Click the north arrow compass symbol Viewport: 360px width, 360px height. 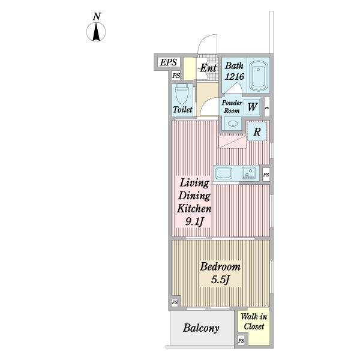pos(96,31)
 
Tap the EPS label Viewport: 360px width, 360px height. pos(169,62)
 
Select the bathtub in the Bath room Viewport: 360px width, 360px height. pos(258,76)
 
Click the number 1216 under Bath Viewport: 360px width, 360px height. pos(234,76)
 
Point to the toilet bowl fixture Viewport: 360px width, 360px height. pos(181,94)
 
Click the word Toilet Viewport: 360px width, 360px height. pos(182,109)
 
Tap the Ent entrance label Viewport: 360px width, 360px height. pos(208,68)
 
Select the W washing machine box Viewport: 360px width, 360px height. pos(252,107)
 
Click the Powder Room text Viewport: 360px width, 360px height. pos(232,107)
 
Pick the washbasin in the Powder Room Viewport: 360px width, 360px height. pos(232,124)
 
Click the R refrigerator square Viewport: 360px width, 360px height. pos(257,131)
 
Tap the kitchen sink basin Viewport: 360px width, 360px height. pos(224,173)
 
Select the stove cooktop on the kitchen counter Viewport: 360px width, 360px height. pos(248,173)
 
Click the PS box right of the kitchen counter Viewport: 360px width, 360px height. pos(266,175)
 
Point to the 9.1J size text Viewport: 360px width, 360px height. pos(194,221)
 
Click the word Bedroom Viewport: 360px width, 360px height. pos(220,266)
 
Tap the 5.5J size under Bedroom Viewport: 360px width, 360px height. pos(220,280)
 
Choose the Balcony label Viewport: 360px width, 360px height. pos(201,328)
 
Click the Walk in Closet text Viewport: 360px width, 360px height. pos(254,322)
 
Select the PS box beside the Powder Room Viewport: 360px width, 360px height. pos(267,107)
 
